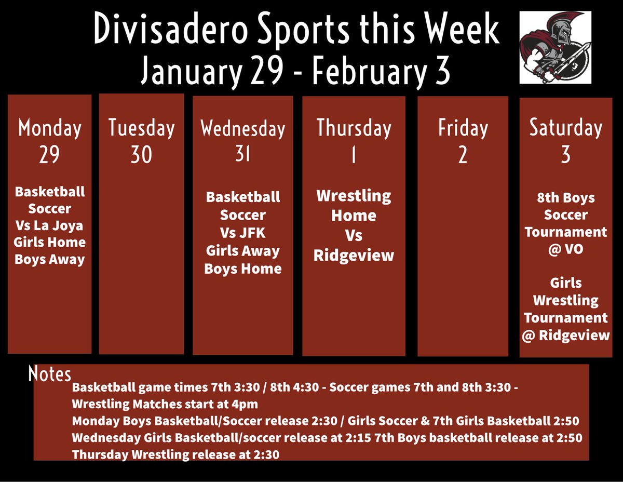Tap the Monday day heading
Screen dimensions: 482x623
(x=49, y=128)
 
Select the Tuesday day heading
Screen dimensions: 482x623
(x=141, y=128)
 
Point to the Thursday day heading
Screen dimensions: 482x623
(x=354, y=128)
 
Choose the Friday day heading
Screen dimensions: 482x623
(x=463, y=128)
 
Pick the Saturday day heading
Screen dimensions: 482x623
(x=565, y=128)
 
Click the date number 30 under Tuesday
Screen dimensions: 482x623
(x=141, y=155)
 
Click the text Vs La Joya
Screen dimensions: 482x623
(x=50, y=225)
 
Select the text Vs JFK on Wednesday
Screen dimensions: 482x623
(x=242, y=233)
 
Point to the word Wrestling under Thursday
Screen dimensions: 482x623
(x=354, y=196)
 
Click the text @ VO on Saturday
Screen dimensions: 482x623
(x=565, y=249)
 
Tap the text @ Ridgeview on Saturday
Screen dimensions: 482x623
(x=565, y=335)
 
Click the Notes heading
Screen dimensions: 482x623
(x=50, y=374)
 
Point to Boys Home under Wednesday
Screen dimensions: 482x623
(x=242, y=269)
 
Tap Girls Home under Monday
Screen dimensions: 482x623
(x=50, y=242)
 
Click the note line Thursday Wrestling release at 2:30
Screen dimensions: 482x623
(x=175, y=454)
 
